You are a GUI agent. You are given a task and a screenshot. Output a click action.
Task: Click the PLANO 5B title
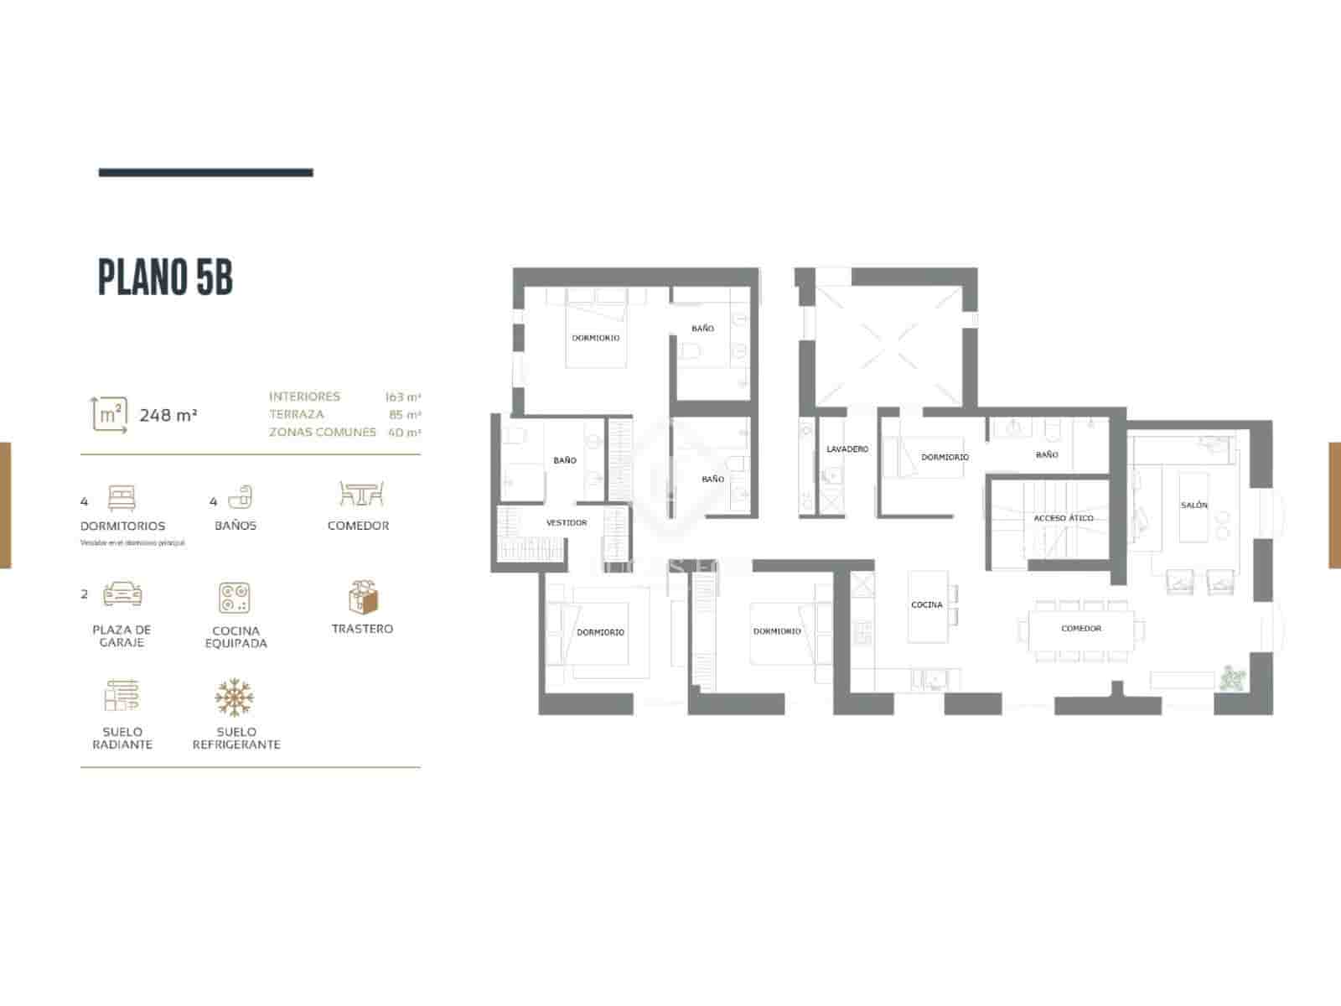point(165,278)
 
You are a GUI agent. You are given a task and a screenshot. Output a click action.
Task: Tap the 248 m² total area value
point(168,415)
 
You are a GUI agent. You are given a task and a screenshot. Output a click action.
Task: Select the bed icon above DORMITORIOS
point(122,499)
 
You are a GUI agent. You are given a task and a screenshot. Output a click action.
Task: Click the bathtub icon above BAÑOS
point(241,497)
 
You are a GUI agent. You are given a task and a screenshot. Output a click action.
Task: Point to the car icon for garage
point(122,594)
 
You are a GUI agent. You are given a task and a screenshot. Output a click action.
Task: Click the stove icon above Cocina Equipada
point(236,599)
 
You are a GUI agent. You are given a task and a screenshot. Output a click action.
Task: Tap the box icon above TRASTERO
point(363,596)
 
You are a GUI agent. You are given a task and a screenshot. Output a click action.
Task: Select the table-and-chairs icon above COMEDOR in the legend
point(361,494)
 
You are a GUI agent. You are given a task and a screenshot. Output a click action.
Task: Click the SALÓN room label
point(1194,506)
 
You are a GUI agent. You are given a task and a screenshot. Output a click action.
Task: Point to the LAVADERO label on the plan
point(847,449)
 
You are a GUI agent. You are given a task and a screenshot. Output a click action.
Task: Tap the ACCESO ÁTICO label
point(1063,518)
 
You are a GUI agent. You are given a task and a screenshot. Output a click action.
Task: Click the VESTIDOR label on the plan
point(567,522)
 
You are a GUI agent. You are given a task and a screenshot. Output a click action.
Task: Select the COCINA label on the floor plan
point(926,604)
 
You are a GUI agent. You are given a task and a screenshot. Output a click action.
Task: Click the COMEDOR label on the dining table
point(1081,628)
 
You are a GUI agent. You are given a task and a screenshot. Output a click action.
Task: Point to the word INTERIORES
point(304,397)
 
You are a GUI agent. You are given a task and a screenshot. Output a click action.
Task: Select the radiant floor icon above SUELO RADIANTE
point(122,697)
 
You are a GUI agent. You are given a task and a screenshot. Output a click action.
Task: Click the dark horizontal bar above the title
point(205,173)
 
